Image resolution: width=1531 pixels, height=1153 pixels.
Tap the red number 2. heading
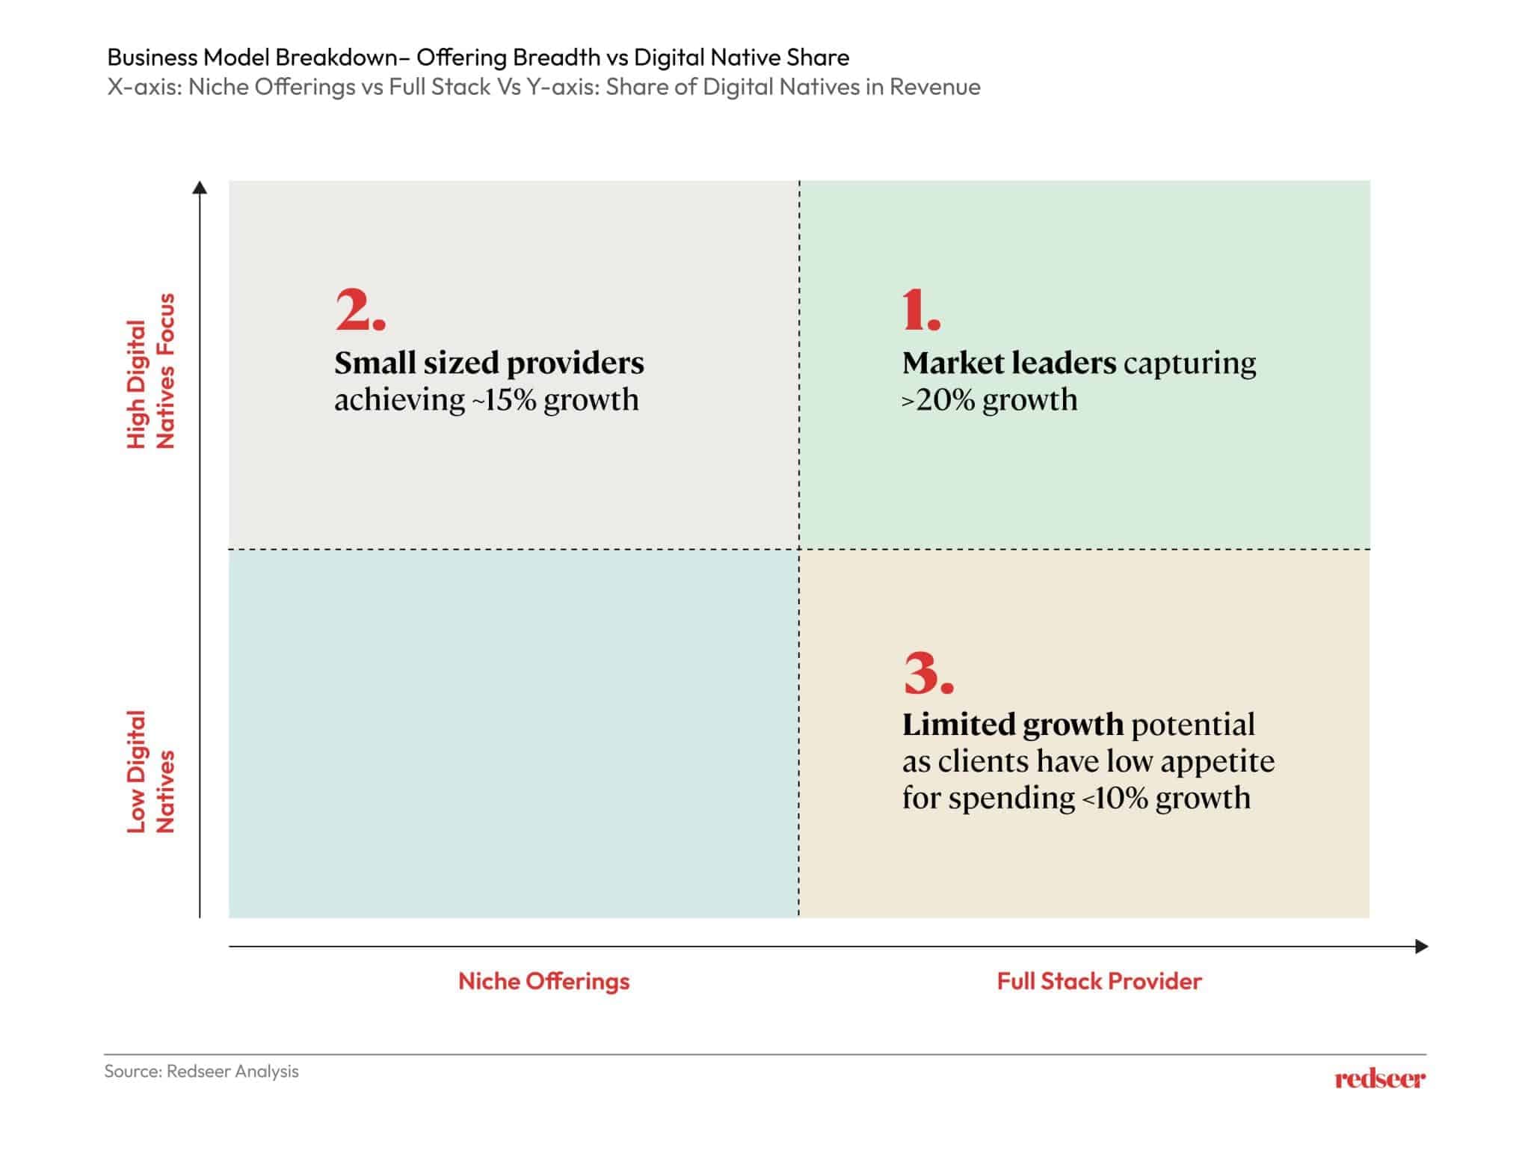click(360, 310)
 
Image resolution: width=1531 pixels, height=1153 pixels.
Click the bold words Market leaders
click(1008, 363)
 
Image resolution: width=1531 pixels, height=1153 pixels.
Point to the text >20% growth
click(989, 400)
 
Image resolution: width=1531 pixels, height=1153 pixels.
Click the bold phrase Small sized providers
click(489, 363)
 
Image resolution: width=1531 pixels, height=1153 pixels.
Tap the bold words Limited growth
click(1012, 725)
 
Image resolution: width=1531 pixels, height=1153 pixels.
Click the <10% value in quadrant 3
click(1115, 798)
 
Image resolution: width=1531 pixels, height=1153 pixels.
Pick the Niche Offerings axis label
click(543, 981)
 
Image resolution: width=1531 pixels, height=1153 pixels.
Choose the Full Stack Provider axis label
click(1099, 981)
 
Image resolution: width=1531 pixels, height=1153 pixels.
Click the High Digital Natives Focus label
click(150, 372)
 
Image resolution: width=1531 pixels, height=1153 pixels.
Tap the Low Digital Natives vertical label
click(150, 772)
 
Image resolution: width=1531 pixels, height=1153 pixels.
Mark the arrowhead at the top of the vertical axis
click(200, 187)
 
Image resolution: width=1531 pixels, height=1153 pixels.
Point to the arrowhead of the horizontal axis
click(1422, 947)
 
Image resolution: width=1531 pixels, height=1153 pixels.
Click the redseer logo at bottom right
click(1379, 1078)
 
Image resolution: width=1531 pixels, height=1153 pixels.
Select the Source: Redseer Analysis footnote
click(201, 1071)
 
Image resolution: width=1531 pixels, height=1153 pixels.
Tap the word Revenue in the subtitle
click(934, 87)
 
